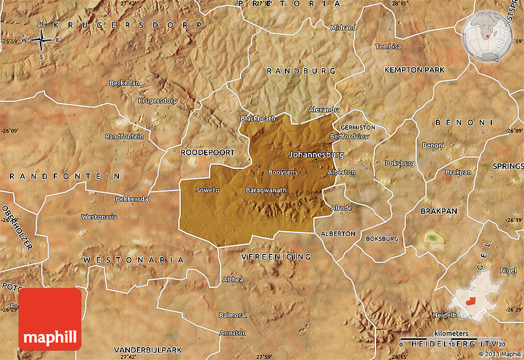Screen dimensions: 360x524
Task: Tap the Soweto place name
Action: (x=207, y=190)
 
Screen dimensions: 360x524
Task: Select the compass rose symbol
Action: (x=41, y=40)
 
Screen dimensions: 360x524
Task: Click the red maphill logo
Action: (x=50, y=319)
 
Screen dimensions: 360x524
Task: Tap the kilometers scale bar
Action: (x=452, y=338)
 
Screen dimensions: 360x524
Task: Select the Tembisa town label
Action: (x=388, y=46)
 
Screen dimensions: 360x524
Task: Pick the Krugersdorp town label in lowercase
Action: (x=158, y=100)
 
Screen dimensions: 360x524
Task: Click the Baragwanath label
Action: (x=266, y=190)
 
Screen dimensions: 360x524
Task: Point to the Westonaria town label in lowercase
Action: (x=99, y=216)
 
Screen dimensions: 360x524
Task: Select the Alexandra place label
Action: (x=324, y=109)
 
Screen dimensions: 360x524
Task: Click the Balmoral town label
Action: (x=233, y=315)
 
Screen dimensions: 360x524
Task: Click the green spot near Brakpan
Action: (x=433, y=237)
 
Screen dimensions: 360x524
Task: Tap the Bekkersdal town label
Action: (x=133, y=199)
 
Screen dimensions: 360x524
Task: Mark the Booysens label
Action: (x=284, y=172)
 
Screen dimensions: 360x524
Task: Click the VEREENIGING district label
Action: (x=276, y=256)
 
